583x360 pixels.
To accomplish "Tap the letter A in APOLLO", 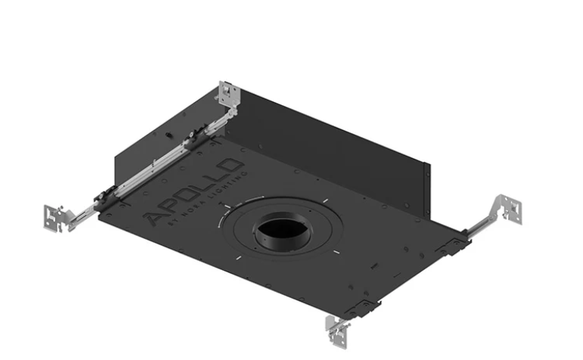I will [x=152, y=219].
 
